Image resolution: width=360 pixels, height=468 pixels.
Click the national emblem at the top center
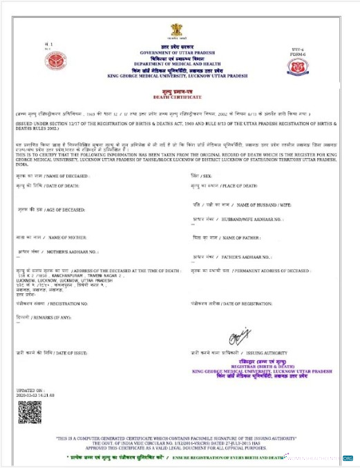pos(177,30)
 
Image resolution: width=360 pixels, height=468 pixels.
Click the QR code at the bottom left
pos(29,411)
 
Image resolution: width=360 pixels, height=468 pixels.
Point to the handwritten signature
pos(238,339)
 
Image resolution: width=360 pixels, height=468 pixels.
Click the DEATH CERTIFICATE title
pos(178,96)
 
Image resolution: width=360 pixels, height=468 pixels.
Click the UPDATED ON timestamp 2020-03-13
pos(35,395)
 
